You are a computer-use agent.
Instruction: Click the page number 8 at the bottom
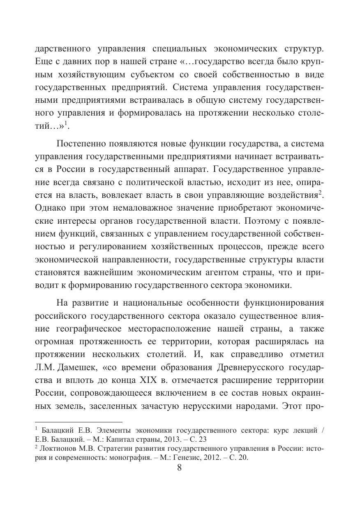tap(179, 468)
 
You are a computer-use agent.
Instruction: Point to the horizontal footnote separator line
tap(78, 422)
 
